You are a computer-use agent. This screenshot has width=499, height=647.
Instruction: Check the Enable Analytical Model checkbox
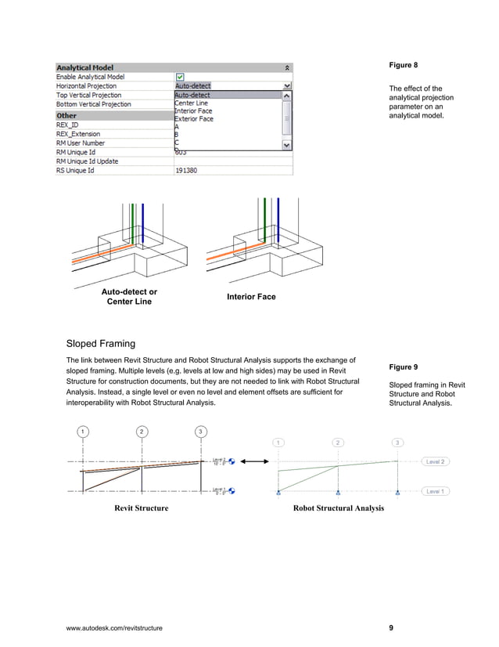point(180,78)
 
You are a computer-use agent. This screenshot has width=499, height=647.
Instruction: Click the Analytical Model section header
point(84,68)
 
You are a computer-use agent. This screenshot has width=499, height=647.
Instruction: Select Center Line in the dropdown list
point(192,103)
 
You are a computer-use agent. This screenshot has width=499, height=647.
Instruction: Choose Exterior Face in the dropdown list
point(193,119)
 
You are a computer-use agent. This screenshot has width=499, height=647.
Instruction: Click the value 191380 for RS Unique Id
point(185,169)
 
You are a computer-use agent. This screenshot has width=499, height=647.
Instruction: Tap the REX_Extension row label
point(78,134)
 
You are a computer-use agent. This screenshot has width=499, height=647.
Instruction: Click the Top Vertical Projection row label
point(93,95)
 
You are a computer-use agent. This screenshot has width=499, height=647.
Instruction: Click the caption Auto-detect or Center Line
point(129,297)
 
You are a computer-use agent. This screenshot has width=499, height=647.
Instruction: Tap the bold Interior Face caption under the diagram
point(251,297)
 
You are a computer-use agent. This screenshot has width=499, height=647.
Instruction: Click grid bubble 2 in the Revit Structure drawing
point(141,432)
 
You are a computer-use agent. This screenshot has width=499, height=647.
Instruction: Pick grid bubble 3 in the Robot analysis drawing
point(398,443)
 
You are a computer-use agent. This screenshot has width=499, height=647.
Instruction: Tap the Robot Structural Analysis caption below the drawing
point(338,508)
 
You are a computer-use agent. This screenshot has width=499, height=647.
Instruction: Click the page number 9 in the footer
point(391,628)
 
